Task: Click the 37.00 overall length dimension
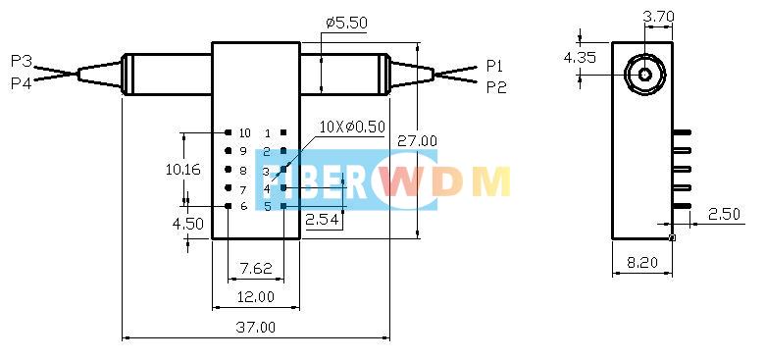pos(255,327)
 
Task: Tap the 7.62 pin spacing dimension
pos(255,267)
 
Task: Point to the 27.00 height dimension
pos(417,141)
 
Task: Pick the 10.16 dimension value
pos(183,169)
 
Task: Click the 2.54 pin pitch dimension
pos(322,220)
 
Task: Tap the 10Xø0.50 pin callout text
pos(352,127)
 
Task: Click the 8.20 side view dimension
pos(642,262)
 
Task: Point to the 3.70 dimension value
pos(657,16)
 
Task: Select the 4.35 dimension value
pos(579,58)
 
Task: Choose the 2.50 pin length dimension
pos(724,213)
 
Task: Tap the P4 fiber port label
pos(21,84)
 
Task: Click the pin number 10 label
pos(244,132)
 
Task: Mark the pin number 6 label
pos(243,206)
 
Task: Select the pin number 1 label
pos(268,132)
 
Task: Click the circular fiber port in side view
pos(645,74)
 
